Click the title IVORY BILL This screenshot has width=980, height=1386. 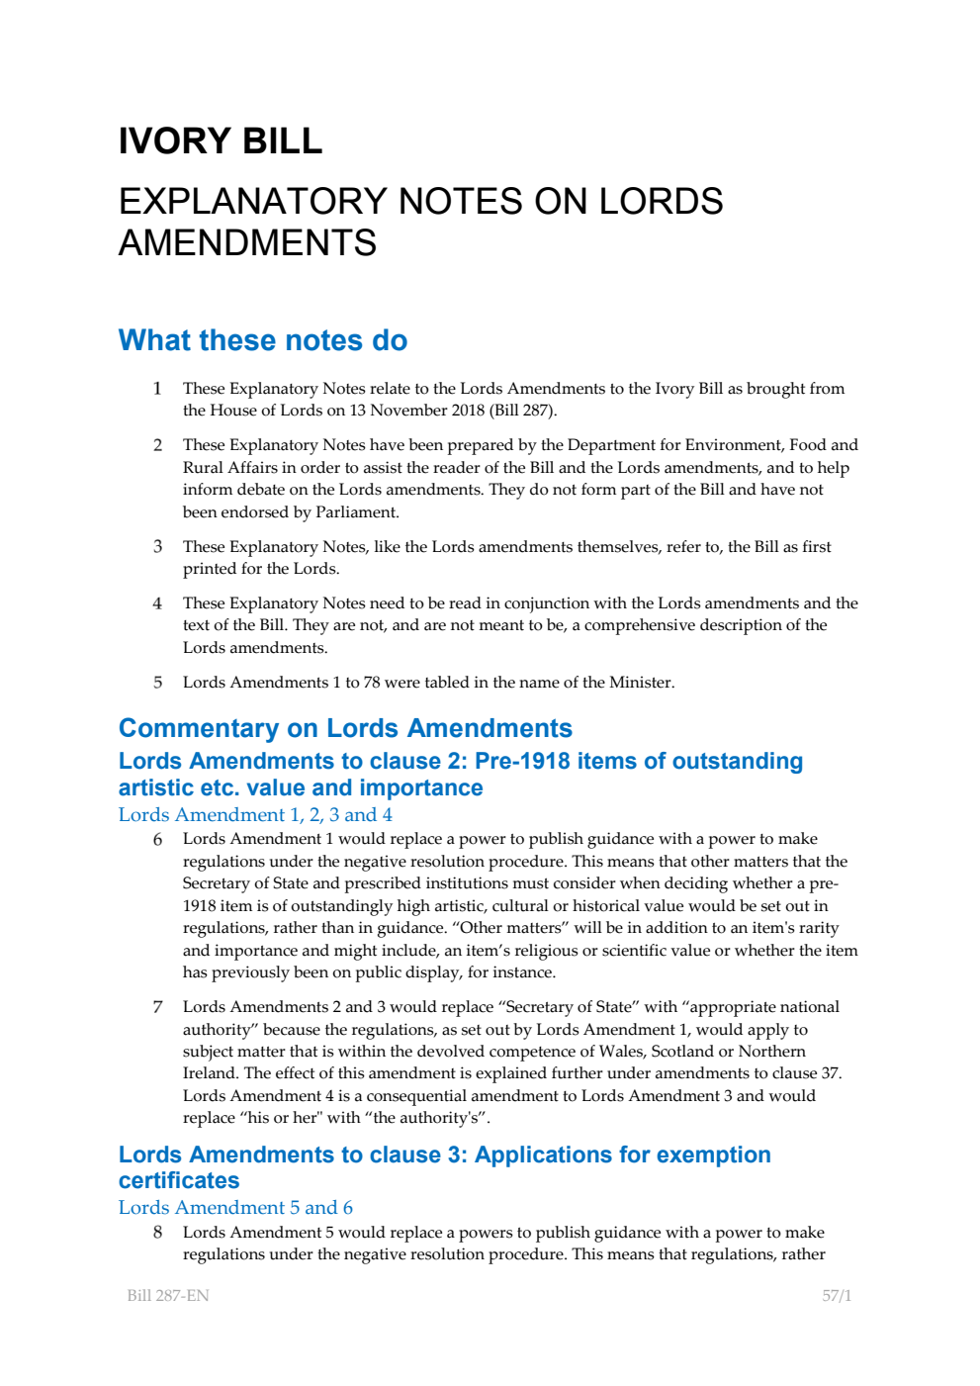(x=220, y=141)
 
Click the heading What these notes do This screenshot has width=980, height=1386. (x=262, y=340)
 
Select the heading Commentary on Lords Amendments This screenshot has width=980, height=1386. (x=345, y=728)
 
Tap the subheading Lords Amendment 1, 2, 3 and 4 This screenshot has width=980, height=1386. (x=255, y=814)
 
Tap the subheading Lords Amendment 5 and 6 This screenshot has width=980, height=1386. (x=235, y=1207)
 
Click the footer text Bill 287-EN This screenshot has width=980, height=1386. (x=168, y=1295)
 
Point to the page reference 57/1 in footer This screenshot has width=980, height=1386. (x=836, y=1295)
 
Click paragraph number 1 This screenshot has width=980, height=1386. (x=157, y=388)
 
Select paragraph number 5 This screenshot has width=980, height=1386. (x=157, y=682)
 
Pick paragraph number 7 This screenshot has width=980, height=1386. (x=157, y=1006)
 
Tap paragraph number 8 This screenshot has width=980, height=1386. (x=157, y=1232)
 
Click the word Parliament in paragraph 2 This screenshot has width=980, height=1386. (x=357, y=512)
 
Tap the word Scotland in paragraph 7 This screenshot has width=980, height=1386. (x=682, y=1051)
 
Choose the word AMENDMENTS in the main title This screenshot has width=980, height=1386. (x=247, y=242)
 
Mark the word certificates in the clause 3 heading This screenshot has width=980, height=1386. (x=179, y=1180)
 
